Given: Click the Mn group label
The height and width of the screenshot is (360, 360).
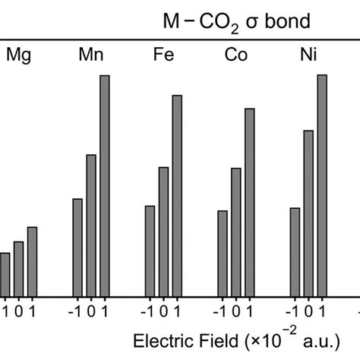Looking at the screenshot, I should (91, 55).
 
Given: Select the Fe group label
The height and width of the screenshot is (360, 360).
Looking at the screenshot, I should (163, 55).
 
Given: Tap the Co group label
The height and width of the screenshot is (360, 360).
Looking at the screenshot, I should (235, 55).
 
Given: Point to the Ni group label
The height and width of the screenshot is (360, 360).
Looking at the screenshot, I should (308, 55).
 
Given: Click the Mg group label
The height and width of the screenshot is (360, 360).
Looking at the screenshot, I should (19, 55).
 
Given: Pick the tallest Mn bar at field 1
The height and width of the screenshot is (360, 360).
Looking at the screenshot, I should (105, 186).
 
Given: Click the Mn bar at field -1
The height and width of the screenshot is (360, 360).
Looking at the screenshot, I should (77, 248).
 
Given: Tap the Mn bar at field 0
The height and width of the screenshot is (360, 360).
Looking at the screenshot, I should (91, 226).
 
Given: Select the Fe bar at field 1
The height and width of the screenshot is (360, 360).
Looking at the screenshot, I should (177, 196).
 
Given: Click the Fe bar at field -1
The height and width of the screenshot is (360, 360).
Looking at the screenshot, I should (150, 251).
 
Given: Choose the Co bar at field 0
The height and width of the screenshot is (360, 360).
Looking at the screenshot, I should (235, 232).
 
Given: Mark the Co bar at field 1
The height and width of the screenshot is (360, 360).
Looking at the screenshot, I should (249, 203).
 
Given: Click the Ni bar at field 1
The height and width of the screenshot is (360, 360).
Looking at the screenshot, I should (322, 186).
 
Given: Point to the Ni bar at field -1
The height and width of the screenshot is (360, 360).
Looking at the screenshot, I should (295, 252).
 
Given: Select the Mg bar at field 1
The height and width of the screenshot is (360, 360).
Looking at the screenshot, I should (32, 262).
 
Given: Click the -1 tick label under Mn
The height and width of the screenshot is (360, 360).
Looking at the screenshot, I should (75, 311).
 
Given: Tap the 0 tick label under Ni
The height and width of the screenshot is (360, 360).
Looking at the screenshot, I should (309, 311).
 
